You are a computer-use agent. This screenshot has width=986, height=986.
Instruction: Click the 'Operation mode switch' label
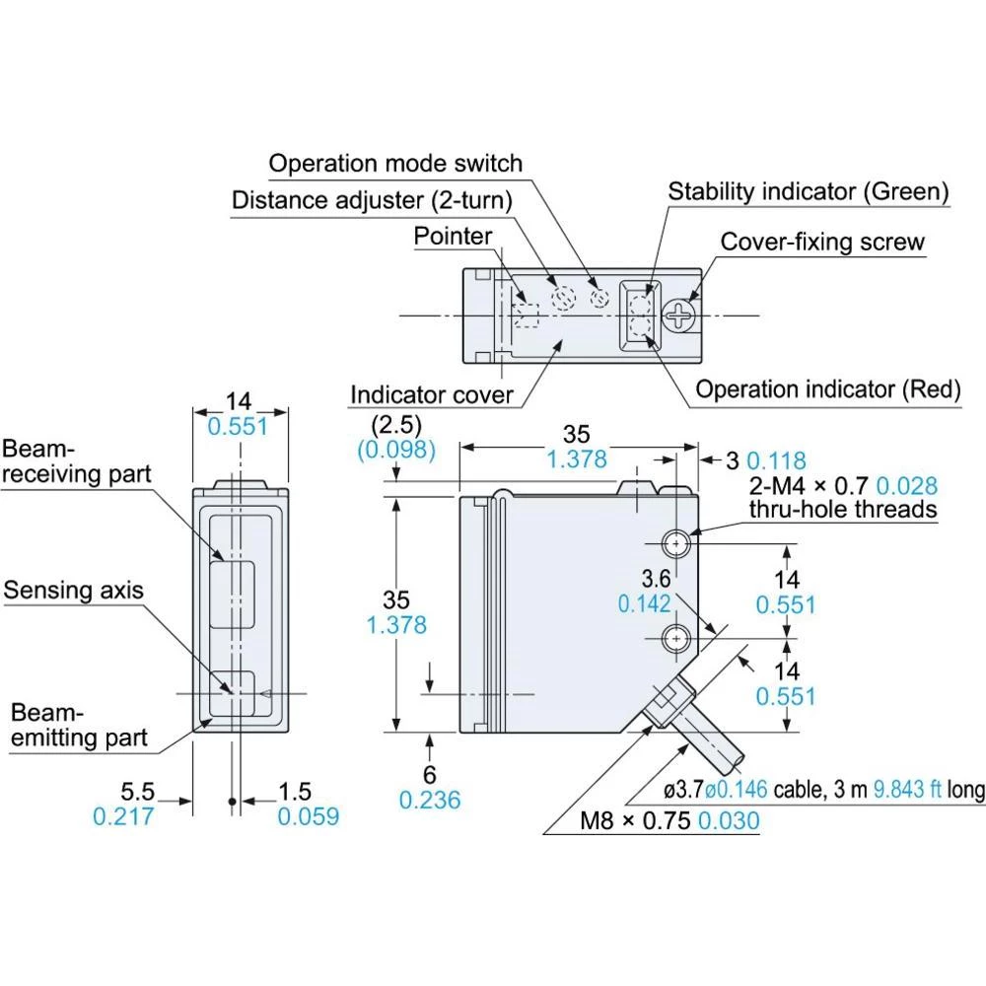pos(395,163)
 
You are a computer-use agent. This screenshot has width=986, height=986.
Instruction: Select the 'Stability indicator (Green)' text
pos(809,191)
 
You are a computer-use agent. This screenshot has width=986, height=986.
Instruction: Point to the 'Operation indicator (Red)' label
pos(827,389)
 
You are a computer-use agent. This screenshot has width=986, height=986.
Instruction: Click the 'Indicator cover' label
pos(432,395)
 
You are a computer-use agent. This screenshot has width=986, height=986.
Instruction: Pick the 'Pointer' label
pos(453,237)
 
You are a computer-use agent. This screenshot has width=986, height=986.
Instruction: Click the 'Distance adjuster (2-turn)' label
pos(372,201)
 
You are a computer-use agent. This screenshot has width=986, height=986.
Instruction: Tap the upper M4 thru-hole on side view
pos(675,542)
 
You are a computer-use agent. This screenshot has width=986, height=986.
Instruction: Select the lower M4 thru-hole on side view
pos(675,638)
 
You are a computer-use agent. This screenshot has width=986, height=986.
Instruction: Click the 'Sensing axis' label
pos(74,591)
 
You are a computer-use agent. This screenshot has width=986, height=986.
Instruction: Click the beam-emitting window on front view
pos(235,694)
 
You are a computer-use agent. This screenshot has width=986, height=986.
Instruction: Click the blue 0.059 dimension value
pos(308,816)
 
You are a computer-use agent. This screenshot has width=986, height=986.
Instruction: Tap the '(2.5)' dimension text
pos(397,426)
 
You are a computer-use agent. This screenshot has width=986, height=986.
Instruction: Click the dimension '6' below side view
pos(430,775)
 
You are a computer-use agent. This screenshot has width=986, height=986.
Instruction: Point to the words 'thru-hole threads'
pos(842,509)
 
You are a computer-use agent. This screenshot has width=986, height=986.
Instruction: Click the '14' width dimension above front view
pos(238,401)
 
